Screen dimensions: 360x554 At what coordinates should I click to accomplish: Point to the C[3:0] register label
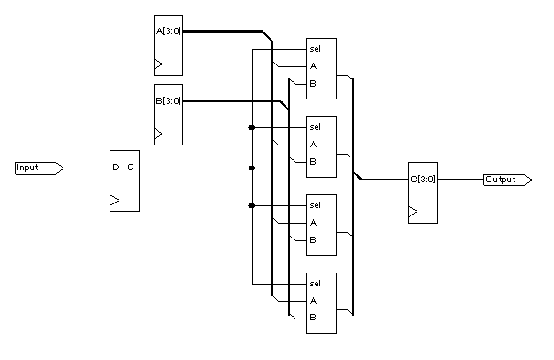click(422, 180)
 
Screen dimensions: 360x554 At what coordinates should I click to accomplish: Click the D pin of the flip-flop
click(116, 168)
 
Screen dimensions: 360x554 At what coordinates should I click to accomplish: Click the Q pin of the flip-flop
click(131, 168)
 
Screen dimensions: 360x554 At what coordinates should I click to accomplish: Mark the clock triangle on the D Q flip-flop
click(114, 200)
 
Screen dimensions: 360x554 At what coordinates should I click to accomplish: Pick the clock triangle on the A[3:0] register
click(158, 64)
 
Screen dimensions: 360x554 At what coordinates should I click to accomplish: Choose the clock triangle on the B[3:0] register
click(158, 134)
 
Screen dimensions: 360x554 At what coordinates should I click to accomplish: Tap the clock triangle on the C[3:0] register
click(413, 213)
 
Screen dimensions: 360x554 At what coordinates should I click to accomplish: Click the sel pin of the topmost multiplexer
click(314, 49)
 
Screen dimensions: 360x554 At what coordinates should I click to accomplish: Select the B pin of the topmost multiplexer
click(313, 83)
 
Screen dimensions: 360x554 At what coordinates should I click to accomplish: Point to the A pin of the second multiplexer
click(313, 144)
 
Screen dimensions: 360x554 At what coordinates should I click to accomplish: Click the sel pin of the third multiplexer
click(314, 205)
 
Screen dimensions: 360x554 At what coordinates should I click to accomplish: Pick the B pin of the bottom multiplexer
click(313, 318)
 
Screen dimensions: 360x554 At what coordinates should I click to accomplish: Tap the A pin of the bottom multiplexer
click(313, 300)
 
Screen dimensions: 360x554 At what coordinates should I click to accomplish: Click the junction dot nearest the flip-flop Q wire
click(252, 168)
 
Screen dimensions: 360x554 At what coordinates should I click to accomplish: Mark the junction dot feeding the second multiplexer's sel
click(252, 127)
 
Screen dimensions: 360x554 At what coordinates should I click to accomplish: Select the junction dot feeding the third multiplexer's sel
click(252, 205)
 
